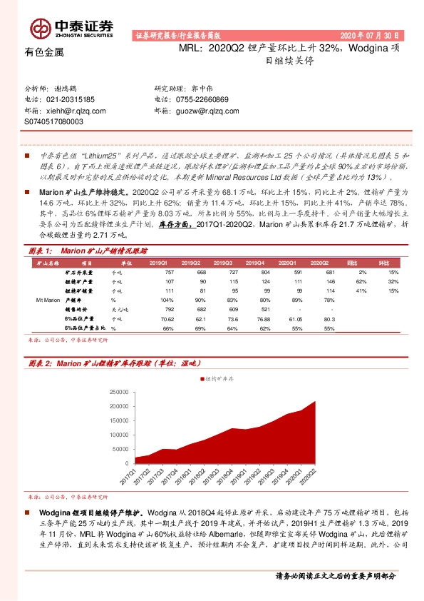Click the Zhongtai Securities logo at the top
(x=71, y=27)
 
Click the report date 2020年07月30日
(x=371, y=35)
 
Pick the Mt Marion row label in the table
(x=48, y=321)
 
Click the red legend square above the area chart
(x=202, y=378)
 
